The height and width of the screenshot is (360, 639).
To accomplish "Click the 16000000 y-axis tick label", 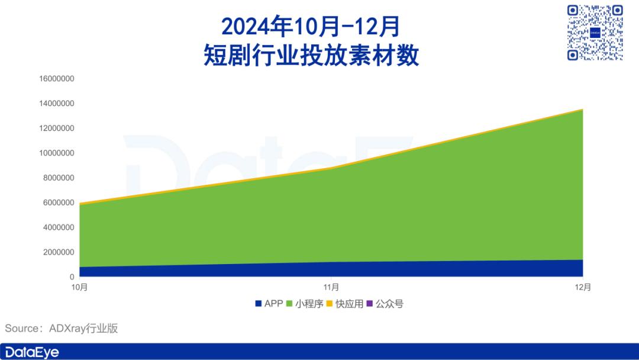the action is [57, 79].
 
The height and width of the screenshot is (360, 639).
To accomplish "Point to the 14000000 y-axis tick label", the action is [57, 104].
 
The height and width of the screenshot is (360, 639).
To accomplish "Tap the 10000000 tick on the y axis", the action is [57, 153].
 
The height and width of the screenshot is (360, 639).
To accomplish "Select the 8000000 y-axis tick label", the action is [59, 178].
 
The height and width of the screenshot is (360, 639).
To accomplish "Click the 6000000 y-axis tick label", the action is [59, 202].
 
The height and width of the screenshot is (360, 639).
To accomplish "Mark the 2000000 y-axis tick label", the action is [59, 252].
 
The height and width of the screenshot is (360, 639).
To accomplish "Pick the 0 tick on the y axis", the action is [72, 277].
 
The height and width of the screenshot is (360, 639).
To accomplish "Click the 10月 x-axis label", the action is [79, 287].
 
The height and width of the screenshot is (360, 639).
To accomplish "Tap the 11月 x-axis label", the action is [331, 287].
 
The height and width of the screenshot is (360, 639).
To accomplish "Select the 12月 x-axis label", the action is [583, 287].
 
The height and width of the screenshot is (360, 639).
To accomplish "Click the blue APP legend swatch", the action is [258, 304].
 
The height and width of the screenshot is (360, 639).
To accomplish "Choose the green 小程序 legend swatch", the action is [289, 304].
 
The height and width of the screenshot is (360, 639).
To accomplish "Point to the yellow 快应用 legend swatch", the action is [330, 304].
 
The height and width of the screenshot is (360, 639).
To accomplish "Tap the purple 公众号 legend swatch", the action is [370, 304].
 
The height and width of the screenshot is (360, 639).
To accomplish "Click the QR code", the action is [595, 33].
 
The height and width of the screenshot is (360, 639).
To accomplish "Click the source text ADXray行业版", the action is [83, 328].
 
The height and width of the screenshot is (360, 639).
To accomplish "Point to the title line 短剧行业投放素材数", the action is [311, 55].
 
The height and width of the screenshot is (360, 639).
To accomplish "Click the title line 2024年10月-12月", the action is [311, 27].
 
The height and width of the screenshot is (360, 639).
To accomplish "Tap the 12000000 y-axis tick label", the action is [57, 128].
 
